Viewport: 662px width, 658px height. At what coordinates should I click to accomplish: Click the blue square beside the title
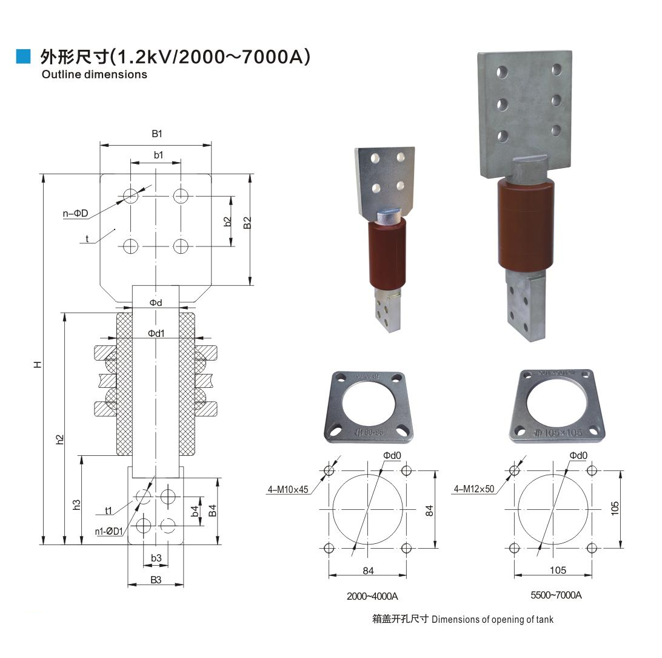coord(23,56)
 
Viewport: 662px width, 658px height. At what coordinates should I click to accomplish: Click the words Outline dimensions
coord(94,75)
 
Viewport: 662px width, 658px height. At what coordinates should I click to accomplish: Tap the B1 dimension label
coord(156,134)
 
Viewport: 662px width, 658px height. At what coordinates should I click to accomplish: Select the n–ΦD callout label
coord(76,214)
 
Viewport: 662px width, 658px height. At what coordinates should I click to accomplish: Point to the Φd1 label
coord(156,333)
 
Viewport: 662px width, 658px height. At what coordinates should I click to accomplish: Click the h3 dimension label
coord(76,504)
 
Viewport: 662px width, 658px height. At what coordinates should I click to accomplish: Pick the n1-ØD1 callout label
coord(109,532)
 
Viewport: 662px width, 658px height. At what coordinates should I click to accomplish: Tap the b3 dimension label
coord(156,558)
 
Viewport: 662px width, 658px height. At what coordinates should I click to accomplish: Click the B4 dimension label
coord(212,510)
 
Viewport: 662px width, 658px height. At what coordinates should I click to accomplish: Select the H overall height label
coord(38,364)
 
